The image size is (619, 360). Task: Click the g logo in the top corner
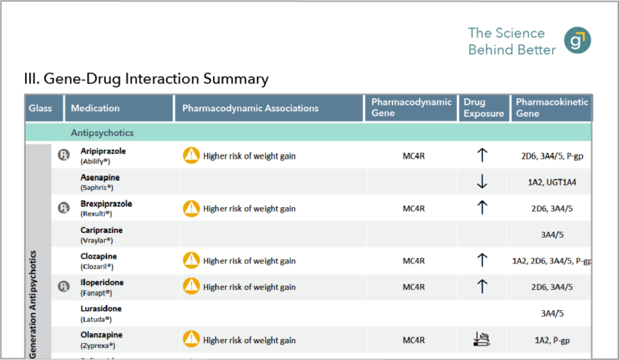[x=576, y=41]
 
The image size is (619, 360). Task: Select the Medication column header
[x=95, y=108]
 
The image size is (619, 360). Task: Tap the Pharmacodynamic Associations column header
[x=250, y=108]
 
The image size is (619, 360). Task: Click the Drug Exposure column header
[x=484, y=108]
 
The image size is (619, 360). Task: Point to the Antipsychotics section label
[x=102, y=133]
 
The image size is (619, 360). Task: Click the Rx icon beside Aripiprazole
[x=63, y=155]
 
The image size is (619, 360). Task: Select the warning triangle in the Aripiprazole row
[x=191, y=155]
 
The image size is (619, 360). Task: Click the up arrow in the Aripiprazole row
[x=482, y=155]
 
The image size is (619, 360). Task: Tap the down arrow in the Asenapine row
[x=482, y=182]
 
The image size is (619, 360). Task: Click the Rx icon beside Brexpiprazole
[x=63, y=208]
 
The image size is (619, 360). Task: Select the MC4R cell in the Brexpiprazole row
[x=413, y=209]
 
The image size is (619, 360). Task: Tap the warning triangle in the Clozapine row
[x=191, y=260]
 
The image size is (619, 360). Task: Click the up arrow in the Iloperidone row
[x=482, y=286]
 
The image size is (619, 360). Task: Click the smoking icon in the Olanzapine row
[x=482, y=339]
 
